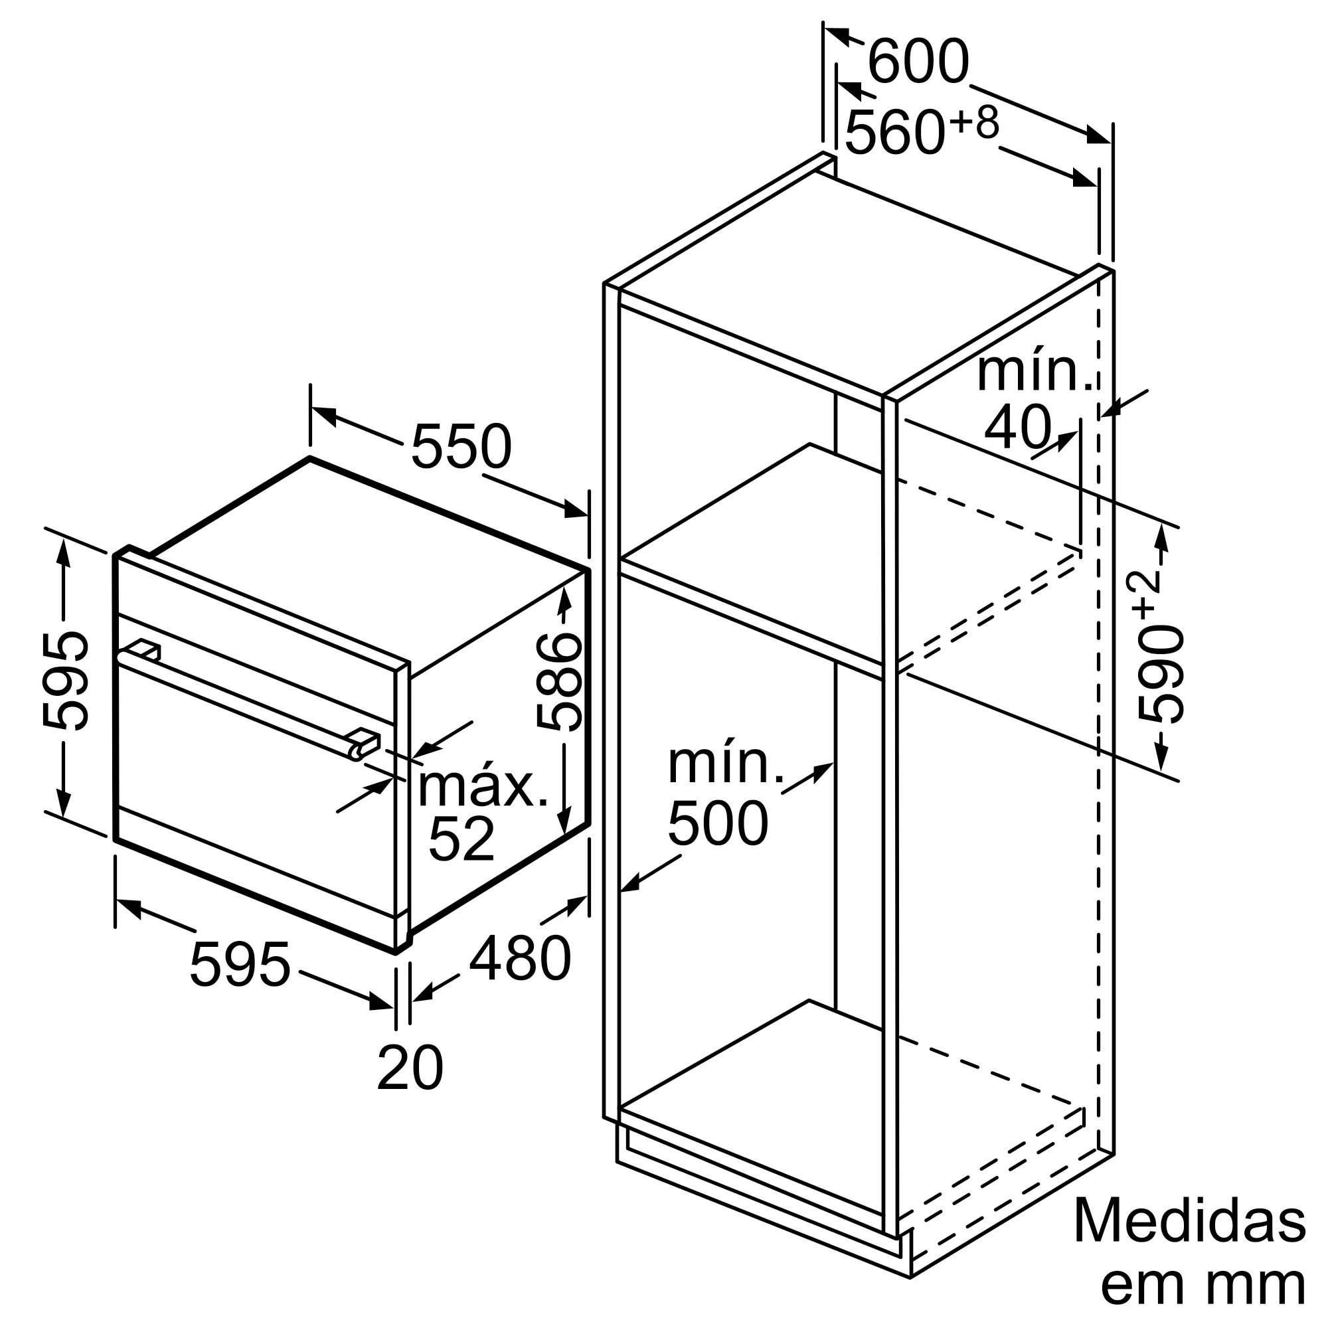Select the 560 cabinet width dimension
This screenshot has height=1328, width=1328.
[894, 132]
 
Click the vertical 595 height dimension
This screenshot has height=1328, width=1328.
[65, 681]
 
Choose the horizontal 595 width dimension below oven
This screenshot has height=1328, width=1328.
[240, 964]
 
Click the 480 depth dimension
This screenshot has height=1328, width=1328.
[520, 957]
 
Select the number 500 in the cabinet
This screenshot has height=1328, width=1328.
[718, 823]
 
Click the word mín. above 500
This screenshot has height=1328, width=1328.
[726, 764]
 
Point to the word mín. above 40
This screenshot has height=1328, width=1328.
[1035, 372]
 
